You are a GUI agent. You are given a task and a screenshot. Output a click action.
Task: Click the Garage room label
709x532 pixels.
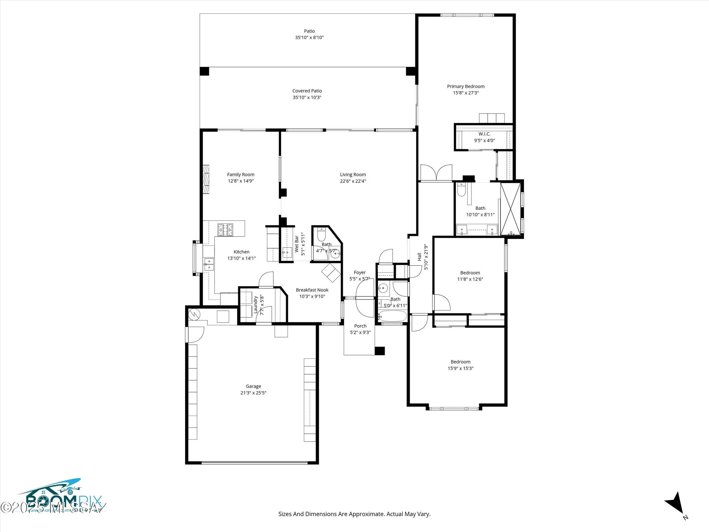(253, 386)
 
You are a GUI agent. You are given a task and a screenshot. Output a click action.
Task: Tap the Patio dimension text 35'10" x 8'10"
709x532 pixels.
(309, 38)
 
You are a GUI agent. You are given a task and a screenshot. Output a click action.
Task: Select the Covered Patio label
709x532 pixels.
(307, 91)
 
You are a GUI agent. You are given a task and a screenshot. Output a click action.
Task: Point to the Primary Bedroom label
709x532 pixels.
(465, 86)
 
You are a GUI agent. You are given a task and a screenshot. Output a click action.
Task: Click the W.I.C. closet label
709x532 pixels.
(484, 134)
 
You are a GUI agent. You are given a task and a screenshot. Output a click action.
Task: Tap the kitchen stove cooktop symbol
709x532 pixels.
(225, 229)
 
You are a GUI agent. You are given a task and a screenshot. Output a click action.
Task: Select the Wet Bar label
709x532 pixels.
(297, 244)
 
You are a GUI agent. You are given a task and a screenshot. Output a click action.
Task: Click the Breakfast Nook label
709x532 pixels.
(312, 290)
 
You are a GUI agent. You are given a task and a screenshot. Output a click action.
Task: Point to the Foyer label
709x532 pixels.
(359, 272)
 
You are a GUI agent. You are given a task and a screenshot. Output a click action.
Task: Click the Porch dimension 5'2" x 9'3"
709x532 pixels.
(360, 332)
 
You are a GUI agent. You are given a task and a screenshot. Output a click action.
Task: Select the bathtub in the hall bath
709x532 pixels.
(392, 316)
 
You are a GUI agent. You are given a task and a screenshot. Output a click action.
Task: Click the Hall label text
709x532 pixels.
(419, 257)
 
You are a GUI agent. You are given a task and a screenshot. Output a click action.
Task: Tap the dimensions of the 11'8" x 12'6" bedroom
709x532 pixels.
(470, 279)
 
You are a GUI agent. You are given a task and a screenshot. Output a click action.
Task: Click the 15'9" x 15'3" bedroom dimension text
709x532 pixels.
(460, 368)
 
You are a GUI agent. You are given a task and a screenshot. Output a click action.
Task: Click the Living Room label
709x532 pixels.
(353, 174)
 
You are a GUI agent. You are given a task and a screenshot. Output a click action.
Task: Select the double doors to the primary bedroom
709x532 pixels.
(436, 173)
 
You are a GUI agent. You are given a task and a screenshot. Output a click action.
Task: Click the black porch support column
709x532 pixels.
(380, 351)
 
